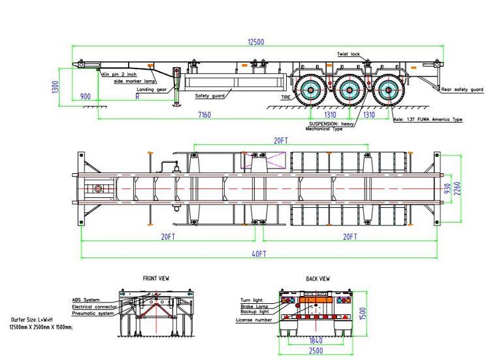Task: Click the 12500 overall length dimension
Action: click(x=255, y=42)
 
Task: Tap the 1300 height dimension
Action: click(x=57, y=86)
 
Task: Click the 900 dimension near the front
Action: click(x=86, y=96)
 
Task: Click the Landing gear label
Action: click(x=152, y=89)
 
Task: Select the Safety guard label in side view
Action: click(x=210, y=96)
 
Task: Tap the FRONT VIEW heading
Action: click(x=156, y=278)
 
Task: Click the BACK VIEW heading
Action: click(x=318, y=279)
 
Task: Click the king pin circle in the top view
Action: click(x=99, y=189)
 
